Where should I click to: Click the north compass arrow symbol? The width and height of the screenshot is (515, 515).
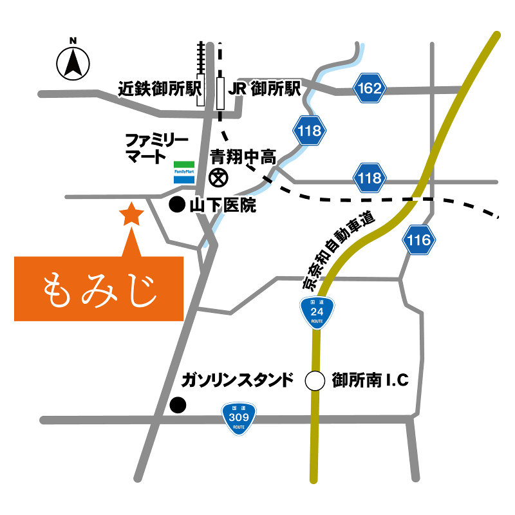click(73, 63)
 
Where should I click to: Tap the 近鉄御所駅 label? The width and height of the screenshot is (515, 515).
click(160, 89)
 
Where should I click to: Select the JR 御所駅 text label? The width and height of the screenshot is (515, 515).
click(265, 89)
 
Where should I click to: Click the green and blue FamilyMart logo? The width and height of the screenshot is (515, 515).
click(183, 172)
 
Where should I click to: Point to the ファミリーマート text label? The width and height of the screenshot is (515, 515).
click(156, 147)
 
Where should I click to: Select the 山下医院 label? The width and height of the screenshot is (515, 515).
click(223, 206)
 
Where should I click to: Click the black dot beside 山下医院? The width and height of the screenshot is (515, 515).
click(176, 205)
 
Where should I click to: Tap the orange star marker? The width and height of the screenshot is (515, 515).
click(132, 214)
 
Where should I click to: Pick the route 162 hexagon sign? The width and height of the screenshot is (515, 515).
click(370, 88)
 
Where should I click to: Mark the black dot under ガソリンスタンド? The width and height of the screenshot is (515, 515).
click(177, 405)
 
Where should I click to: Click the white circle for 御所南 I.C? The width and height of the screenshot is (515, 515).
click(315, 380)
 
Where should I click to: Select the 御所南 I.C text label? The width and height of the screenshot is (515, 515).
click(370, 380)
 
